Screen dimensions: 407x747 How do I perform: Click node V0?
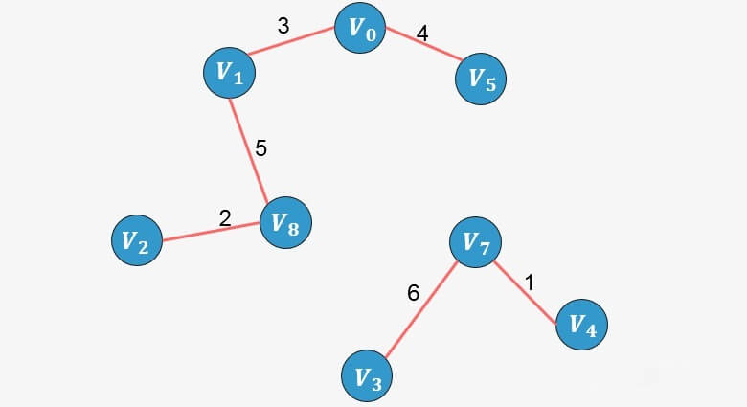[x=360, y=30]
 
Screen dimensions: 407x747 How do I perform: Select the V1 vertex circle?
[x=229, y=72]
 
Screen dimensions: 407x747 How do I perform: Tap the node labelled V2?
[x=137, y=241]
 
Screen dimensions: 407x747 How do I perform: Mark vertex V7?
[x=476, y=243]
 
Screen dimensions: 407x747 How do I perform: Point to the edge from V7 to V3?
[x=421, y=309]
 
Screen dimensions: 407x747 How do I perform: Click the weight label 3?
[x=283, y=27]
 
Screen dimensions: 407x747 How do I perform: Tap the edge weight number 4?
[x=422, y=34]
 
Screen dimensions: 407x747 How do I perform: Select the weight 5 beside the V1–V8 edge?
[x=260, y=148]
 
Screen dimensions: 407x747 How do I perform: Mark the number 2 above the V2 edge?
[x=225, y=217]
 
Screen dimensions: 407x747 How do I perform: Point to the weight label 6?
[x=413, y=293]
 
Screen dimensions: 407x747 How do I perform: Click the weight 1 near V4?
[x=530, y=283]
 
